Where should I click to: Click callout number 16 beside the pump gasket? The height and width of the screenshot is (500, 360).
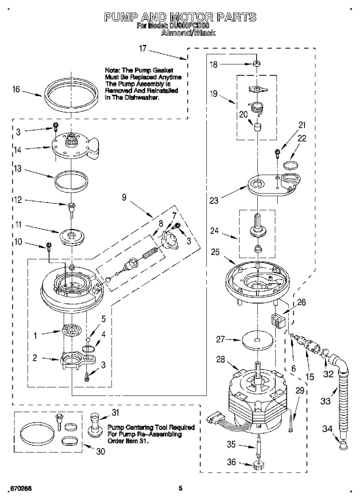pos(16,90)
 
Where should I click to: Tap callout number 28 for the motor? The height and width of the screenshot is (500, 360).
pos(220,359)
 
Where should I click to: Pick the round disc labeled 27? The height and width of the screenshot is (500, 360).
pos(257,340)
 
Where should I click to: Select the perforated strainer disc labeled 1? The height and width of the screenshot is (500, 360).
pos(71,330)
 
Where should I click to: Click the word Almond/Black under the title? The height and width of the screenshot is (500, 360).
pos(188,33)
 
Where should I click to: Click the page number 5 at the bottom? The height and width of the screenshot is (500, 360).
pos(181,488)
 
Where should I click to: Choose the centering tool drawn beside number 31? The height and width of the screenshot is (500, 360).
pos(95,423)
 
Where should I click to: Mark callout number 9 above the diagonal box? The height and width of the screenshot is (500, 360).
pos(124,197)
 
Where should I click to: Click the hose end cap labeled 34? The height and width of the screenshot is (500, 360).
pos(343,445)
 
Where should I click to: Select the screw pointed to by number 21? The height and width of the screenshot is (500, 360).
pos(277,152)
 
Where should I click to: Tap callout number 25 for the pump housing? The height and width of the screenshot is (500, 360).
pos(215,252)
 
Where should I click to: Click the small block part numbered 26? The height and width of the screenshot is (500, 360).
pos(278,321)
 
